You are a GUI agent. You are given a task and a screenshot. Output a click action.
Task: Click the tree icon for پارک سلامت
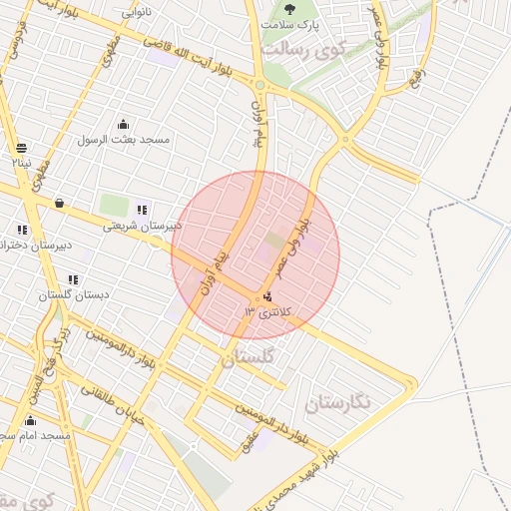click(290, 8)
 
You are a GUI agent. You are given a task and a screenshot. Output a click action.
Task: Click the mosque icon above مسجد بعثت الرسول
click(123, 125)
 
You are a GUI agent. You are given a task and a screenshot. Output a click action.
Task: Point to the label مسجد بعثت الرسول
click(124, 140)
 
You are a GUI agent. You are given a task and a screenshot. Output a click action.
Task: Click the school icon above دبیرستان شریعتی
click(142, 210)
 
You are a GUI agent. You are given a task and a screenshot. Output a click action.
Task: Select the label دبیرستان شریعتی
click(143, 226)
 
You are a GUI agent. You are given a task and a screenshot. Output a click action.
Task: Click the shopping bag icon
click(59, 204)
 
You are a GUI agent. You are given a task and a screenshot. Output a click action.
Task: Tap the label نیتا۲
click(21, 162)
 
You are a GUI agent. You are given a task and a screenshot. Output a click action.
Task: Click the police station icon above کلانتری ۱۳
click(266, 296)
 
